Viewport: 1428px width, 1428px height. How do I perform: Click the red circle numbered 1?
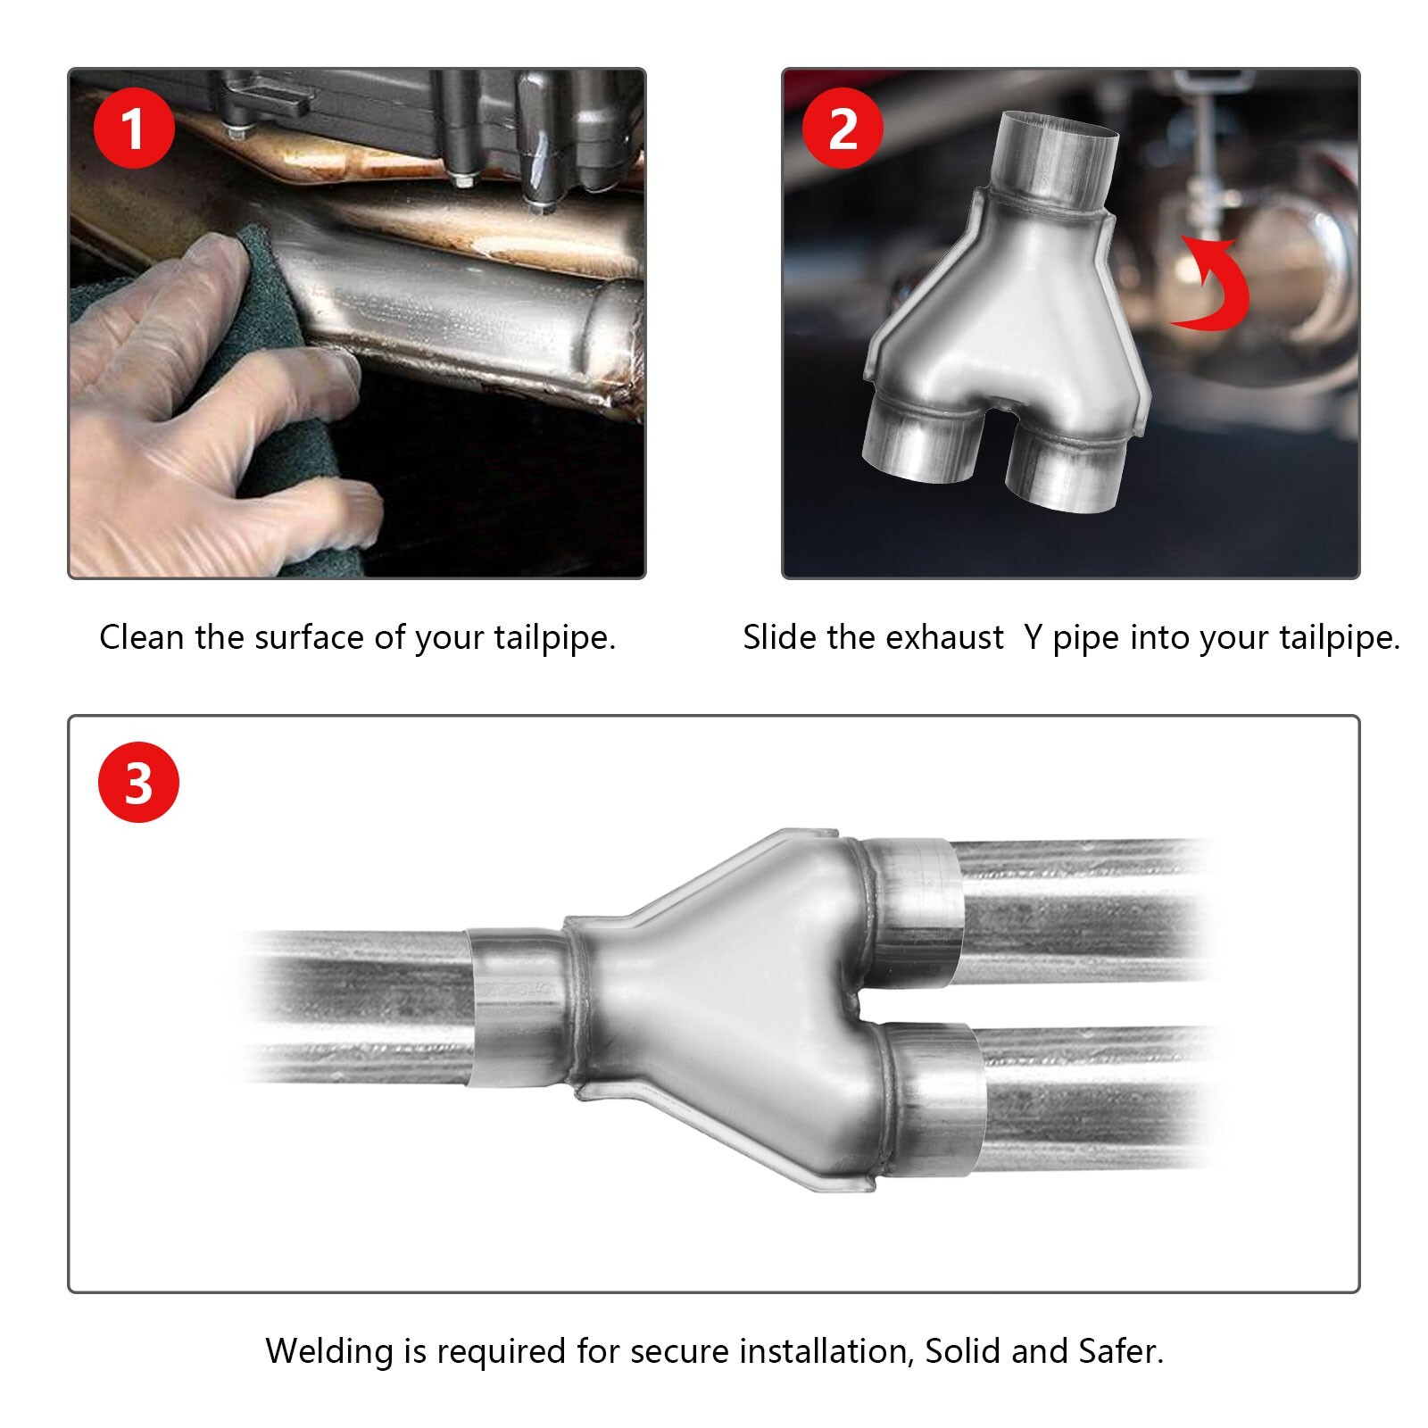point(134,129)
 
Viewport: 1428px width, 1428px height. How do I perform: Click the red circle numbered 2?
point(843,129)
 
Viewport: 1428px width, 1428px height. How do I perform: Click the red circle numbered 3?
point(138,783)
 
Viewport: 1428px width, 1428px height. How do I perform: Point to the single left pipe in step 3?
point(357,1004)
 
